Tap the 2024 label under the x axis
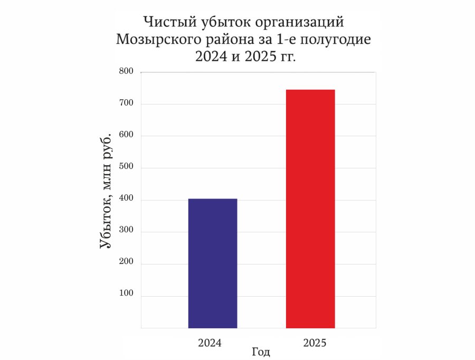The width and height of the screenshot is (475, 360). (210, 343)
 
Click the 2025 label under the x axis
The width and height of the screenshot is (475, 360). (315, 343)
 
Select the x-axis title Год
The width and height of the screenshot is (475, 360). (261, 352)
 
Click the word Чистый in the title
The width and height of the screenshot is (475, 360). (168, 23)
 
